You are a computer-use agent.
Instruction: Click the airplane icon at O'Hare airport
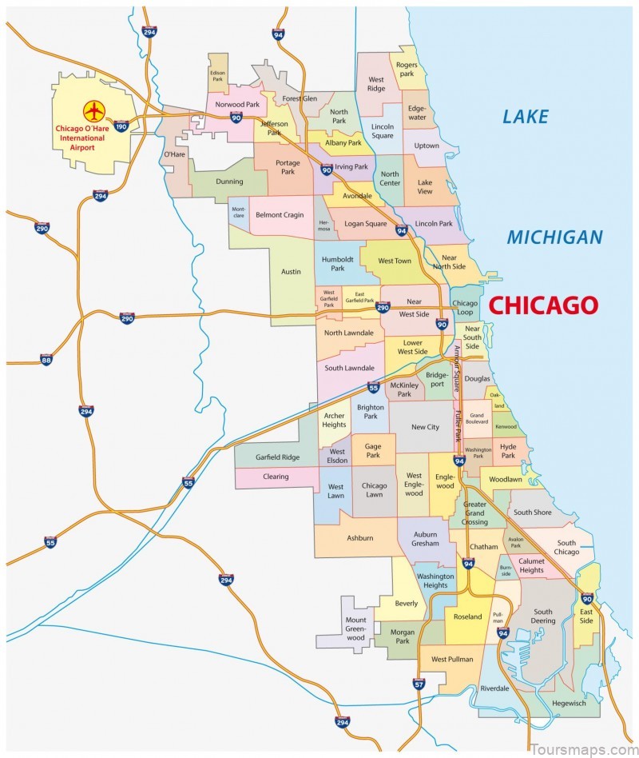[x=94, y=110]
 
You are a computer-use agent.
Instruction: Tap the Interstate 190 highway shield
[x=121, y=126]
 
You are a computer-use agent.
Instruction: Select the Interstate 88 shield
[x=46, y=360]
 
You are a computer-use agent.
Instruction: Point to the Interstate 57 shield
[x=419, y=684]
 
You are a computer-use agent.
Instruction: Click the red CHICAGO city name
[x=542, y=305]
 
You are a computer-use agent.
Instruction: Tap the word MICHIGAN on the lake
[x=554, y=237]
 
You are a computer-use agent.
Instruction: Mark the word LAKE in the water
[x=525, y=117]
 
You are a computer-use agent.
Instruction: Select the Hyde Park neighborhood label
[x=508, y=452]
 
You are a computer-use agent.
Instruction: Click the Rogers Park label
[x=407, y=68]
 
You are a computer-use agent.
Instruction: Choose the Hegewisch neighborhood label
[x=568, y=703]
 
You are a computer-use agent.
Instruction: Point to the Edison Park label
[x=217, y=76]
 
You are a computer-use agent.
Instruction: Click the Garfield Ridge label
[x=276, y=458]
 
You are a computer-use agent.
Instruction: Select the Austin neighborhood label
[x=291, y=272]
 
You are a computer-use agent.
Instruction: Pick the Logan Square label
[x=364, y=224]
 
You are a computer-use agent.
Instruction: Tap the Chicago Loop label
[x=465, y=309]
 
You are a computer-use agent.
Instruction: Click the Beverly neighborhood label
[x=406, y=604]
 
